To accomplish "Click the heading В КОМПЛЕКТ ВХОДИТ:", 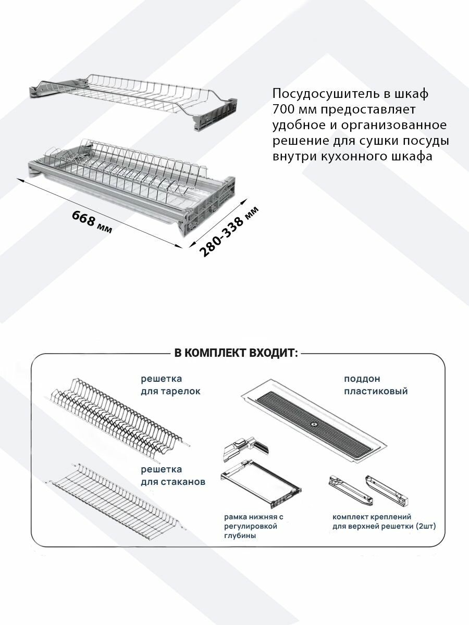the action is tap(236, 353).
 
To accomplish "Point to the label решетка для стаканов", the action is tap(172, 476).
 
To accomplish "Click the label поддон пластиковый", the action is tap(375, 385).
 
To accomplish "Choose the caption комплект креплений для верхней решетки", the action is tap(384, 521).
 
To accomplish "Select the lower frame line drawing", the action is tap(261, 483).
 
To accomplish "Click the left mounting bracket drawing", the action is tap(344, 488).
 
